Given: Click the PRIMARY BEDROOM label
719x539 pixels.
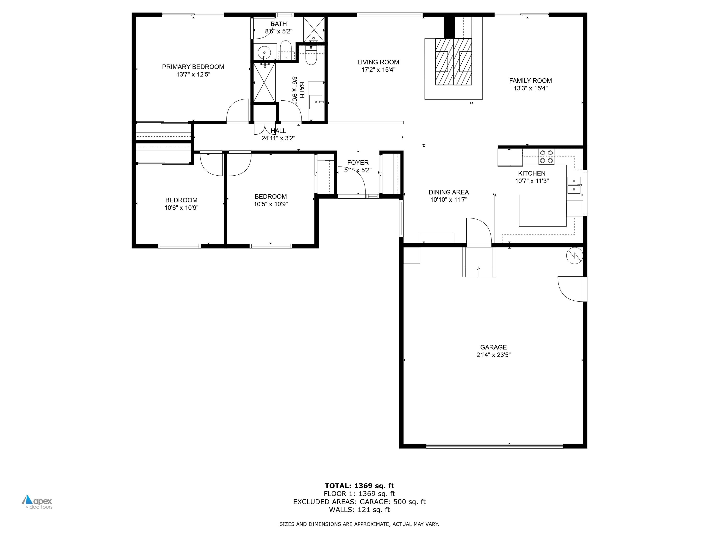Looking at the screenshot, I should click(x=193, y=67).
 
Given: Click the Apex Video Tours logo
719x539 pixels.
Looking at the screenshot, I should click(x=37, y=502).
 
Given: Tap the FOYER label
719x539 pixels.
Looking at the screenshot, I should click(x=358, y=163).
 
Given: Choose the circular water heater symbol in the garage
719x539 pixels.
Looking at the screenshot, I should click(x=574, y=256).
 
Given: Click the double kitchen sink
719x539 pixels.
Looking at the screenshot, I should click(x=574, y=185).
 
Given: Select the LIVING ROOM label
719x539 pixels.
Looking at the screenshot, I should click(x=378, y=62).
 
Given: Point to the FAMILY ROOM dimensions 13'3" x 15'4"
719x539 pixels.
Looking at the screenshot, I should click(x=530, y=88).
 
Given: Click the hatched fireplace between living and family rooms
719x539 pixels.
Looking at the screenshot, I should click(x=453, y=62).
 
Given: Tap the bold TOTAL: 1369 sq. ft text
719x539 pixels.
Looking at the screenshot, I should click(x=359, y=486).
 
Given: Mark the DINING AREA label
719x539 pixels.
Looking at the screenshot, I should click(x=449, y=192).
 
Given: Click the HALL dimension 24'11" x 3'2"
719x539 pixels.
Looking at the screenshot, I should click(x=278, y=138).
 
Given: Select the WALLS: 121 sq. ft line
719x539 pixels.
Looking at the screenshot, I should click(x=359, y=510).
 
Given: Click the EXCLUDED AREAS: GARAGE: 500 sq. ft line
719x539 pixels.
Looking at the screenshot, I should click(x=359, y=502).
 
